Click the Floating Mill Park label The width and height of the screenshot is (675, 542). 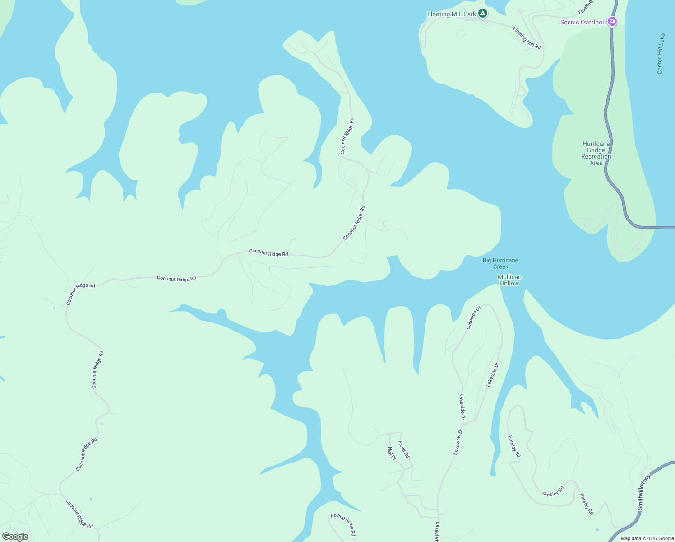451,14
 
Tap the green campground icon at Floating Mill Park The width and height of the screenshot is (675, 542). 483,14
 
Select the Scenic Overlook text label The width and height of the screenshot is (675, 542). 583,23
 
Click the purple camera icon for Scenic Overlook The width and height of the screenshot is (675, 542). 612,21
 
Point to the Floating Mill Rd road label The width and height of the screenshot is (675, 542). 527,38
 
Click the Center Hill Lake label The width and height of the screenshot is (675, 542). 661,54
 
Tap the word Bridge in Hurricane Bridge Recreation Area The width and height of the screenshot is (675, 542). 596,150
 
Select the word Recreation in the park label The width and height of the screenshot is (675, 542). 596,157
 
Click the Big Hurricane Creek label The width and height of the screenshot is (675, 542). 500,263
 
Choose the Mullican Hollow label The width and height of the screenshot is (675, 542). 509,280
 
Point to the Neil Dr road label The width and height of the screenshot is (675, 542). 392,453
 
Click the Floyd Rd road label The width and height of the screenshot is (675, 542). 404,450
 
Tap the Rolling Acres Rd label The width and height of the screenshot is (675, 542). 343,524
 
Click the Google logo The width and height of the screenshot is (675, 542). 15,537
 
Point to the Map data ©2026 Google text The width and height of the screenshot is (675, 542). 647,538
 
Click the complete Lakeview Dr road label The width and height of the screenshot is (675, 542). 458,441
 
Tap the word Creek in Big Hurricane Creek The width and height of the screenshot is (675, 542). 500,266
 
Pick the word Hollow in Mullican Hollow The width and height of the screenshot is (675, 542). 509,284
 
